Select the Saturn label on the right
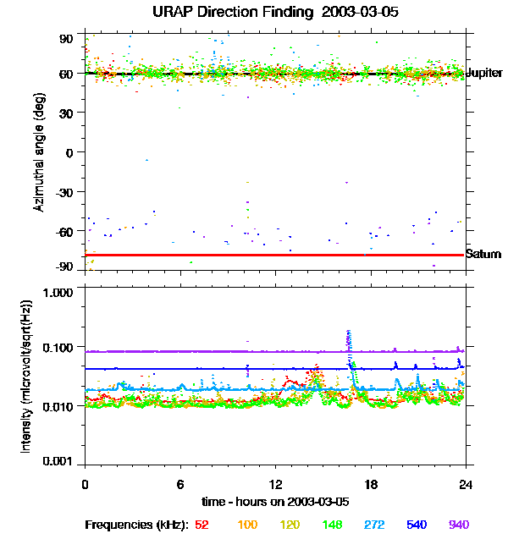(483, 254)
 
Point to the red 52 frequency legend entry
(202, 525)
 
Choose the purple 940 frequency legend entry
(458, 525)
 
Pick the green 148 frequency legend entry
(332, 525)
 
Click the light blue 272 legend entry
(374, 525)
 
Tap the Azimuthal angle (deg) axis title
(39, 152)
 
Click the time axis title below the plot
(276, 501)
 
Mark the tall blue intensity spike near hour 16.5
(349, 338)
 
